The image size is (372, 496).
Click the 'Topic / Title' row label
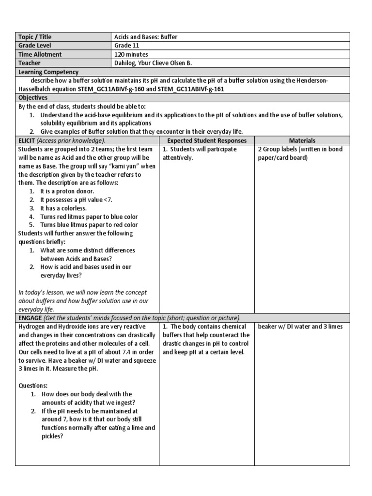tap(35, 37)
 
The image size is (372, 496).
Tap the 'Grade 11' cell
tap(126, 46)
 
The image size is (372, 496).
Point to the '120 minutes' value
tap(131, 55)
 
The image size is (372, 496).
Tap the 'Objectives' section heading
tap(32, 97)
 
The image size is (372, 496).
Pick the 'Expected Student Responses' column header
tap(207, 140)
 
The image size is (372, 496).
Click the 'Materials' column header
tap(302, 140)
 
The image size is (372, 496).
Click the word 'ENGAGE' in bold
tap(30, 318)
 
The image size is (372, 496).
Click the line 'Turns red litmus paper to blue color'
tap(89, 217)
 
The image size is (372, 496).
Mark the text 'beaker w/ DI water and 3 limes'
tap(300, 326)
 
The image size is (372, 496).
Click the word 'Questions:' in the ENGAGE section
tap(34, 386)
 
